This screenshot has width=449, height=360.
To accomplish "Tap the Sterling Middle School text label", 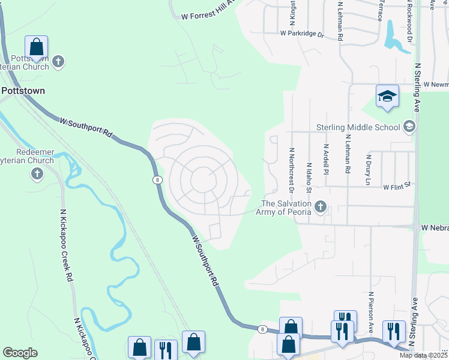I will click(358, 127).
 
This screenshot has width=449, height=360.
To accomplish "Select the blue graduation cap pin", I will click(387, 97).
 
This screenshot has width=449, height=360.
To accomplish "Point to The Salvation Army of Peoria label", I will click(283, 207).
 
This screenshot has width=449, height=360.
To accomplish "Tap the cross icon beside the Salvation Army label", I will click(320, 208).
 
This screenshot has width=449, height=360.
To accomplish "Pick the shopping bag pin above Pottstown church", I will click(37, 47).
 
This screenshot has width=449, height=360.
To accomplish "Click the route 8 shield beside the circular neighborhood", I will click(156, 179).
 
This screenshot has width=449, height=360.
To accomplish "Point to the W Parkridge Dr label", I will click(301, 34).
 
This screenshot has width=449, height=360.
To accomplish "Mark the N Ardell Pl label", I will click(327, 158).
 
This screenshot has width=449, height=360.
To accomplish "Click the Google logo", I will click(20, 353).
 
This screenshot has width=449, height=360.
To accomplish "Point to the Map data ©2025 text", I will click(423, 355).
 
